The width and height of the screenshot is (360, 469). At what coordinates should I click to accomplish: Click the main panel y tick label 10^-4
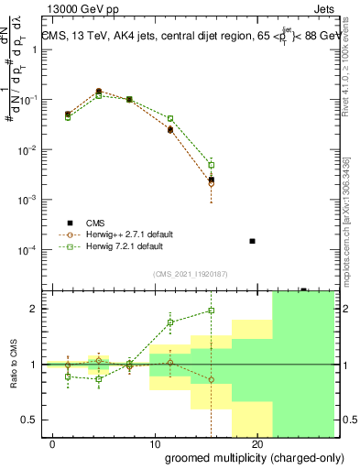point(26,250)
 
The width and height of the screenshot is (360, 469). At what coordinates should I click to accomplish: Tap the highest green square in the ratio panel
point(212,311)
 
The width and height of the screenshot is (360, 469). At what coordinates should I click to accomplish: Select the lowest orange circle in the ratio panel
point(212,379)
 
